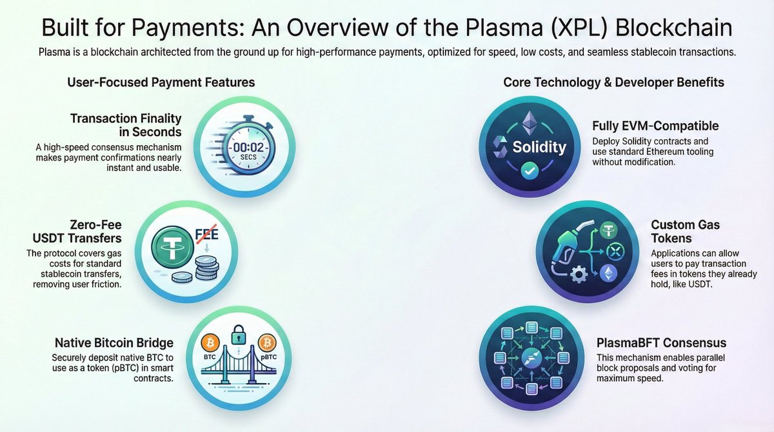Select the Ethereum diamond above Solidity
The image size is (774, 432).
(530, 121)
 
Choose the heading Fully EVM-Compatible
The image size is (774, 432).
(655, 126)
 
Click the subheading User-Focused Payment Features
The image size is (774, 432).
(161, 82)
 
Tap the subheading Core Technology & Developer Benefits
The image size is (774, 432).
(613, 82)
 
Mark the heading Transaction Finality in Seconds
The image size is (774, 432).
(126, 125)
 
